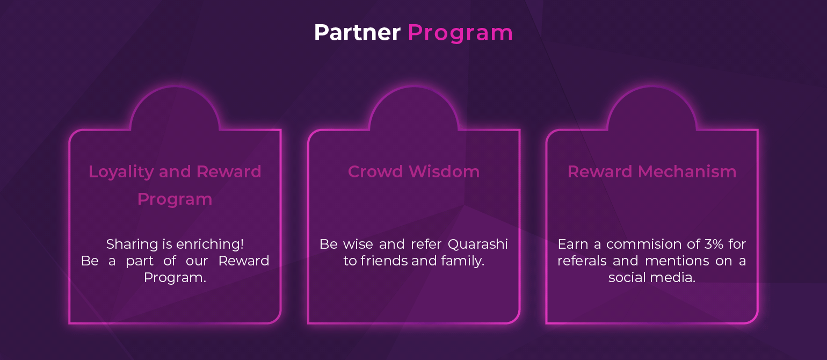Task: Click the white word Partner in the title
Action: point(357,32)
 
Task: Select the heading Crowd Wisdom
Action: point(414,171)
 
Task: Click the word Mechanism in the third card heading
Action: point(687,171)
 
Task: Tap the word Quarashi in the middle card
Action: point(478,244)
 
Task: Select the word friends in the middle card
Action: point(384,261)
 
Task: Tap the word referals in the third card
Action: point(582,261)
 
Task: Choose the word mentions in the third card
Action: point(677,261)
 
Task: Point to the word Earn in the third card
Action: point(572,244)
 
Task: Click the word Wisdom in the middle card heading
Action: point(444,171)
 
